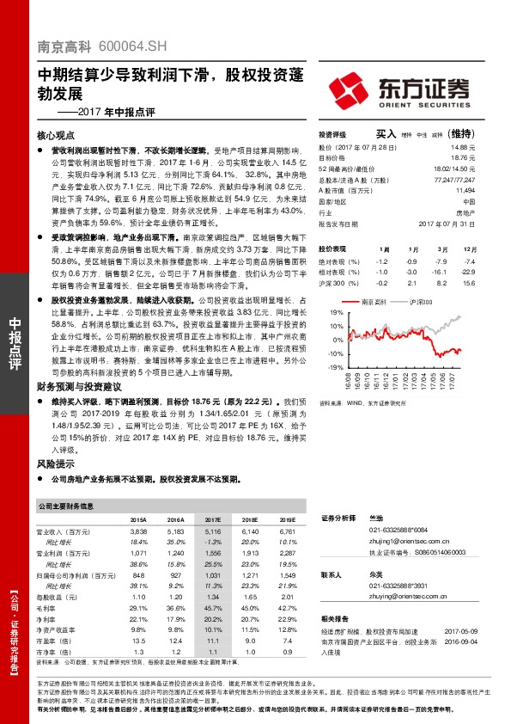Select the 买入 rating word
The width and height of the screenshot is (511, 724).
click(x=386, y=135)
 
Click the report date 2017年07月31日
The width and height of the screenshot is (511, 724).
click(x=452, y=223)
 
